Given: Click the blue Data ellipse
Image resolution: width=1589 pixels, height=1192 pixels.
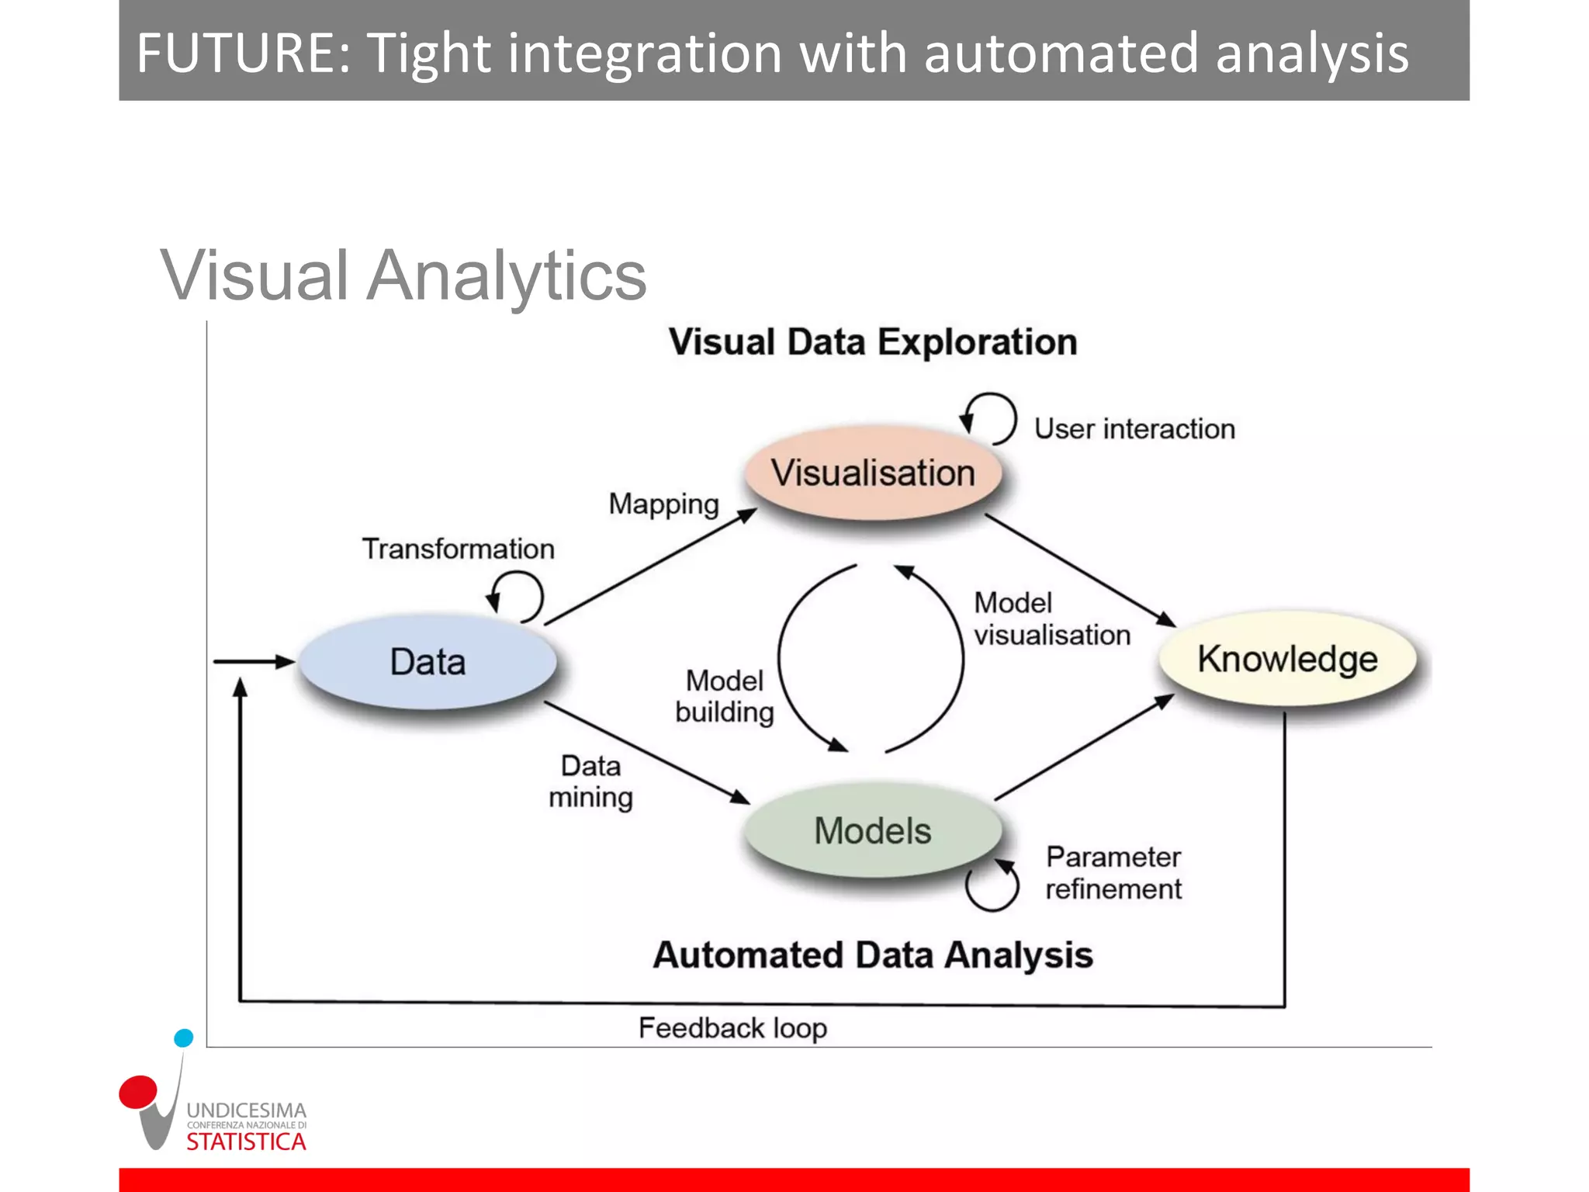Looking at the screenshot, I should coord(428,662).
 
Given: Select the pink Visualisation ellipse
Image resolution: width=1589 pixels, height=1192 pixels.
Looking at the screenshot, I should coord(873,473).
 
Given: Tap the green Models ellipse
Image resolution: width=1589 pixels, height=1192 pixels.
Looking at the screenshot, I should coord(873,830).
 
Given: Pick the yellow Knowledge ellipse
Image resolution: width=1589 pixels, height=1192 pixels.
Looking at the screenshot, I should coord(1287,659).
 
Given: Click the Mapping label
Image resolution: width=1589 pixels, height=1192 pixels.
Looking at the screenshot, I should coord(663,504).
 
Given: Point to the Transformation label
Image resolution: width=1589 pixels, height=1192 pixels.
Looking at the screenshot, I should coord(459,549).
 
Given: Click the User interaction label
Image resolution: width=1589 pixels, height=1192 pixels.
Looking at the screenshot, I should coord(1134,429).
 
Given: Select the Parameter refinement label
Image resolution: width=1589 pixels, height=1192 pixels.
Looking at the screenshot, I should coord(1113,873).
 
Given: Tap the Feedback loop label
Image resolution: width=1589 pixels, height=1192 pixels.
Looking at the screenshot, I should coord(732,1028).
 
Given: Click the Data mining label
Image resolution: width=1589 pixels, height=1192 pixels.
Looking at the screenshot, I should coord(590,781).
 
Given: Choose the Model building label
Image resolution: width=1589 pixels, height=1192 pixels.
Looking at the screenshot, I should coord(725,696).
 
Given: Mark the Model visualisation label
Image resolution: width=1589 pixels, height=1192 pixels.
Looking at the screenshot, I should coord(1051,619).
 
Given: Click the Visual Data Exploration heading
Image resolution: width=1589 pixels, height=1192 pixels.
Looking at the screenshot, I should coord(873,342).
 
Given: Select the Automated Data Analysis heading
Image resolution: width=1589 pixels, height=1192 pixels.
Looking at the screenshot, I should coord(873,955).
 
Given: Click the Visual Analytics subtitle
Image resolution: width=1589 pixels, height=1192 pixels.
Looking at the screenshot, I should coord(403,275).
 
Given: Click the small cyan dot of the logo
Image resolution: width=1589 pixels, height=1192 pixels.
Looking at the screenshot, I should coord(184,1038).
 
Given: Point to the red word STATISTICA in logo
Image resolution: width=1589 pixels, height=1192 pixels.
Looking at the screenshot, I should coord(246,1142).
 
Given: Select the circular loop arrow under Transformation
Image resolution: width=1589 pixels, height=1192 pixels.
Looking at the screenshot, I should coord(517,596).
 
